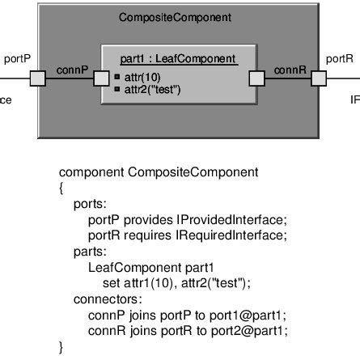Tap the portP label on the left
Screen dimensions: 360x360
click(x=19, y=59)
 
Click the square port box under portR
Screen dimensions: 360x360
click(x=319, y=78)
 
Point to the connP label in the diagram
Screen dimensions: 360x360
click(x=73, y=70)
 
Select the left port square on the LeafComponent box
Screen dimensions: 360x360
click(x=101, y=78)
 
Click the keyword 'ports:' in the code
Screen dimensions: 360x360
click(x=89, y=204)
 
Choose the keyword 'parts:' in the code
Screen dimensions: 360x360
click(x=89, y=249)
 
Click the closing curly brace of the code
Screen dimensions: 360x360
click(x=62, y=346)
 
